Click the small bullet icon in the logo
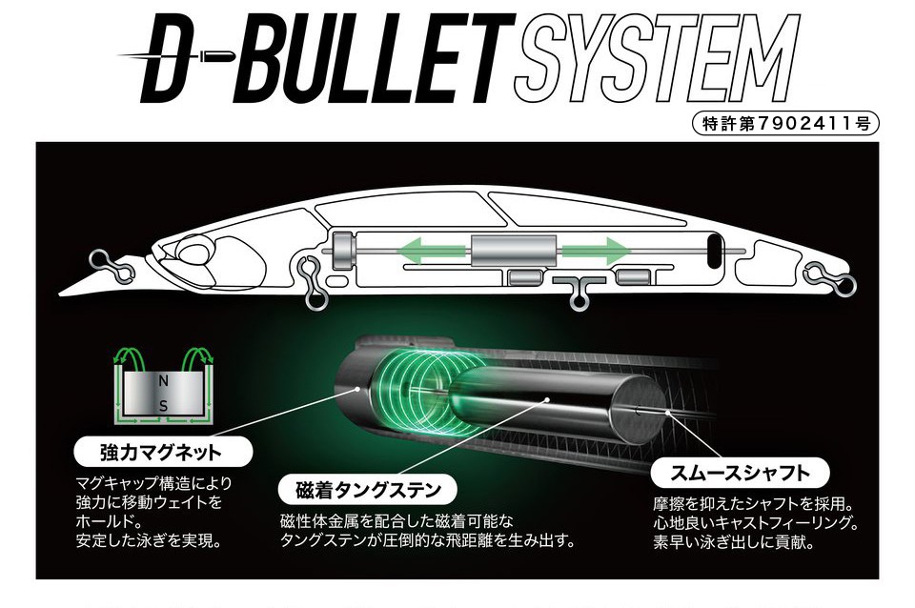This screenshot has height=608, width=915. (x=217, y=56)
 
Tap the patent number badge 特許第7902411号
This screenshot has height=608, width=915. (x=785, y=123)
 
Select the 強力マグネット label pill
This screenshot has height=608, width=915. (x=163, y=452)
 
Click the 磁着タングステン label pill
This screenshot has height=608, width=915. (x=368, y=490)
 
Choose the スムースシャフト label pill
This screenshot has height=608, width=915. (x=740, y=473)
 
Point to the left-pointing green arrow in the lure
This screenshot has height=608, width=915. (x=432, y=252)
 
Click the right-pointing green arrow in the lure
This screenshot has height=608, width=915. (x=596, y=252)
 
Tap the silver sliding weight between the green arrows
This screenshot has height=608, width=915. (x=514, y=251)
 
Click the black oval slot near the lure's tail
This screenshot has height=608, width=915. (x=714, y=252)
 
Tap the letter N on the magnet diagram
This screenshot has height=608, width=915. (x=163, y=381)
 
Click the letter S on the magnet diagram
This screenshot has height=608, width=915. (x=163, y=407)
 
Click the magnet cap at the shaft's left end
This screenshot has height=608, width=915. (x=342, y=251)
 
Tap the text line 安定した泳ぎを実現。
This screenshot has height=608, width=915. (x=150, y=541)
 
